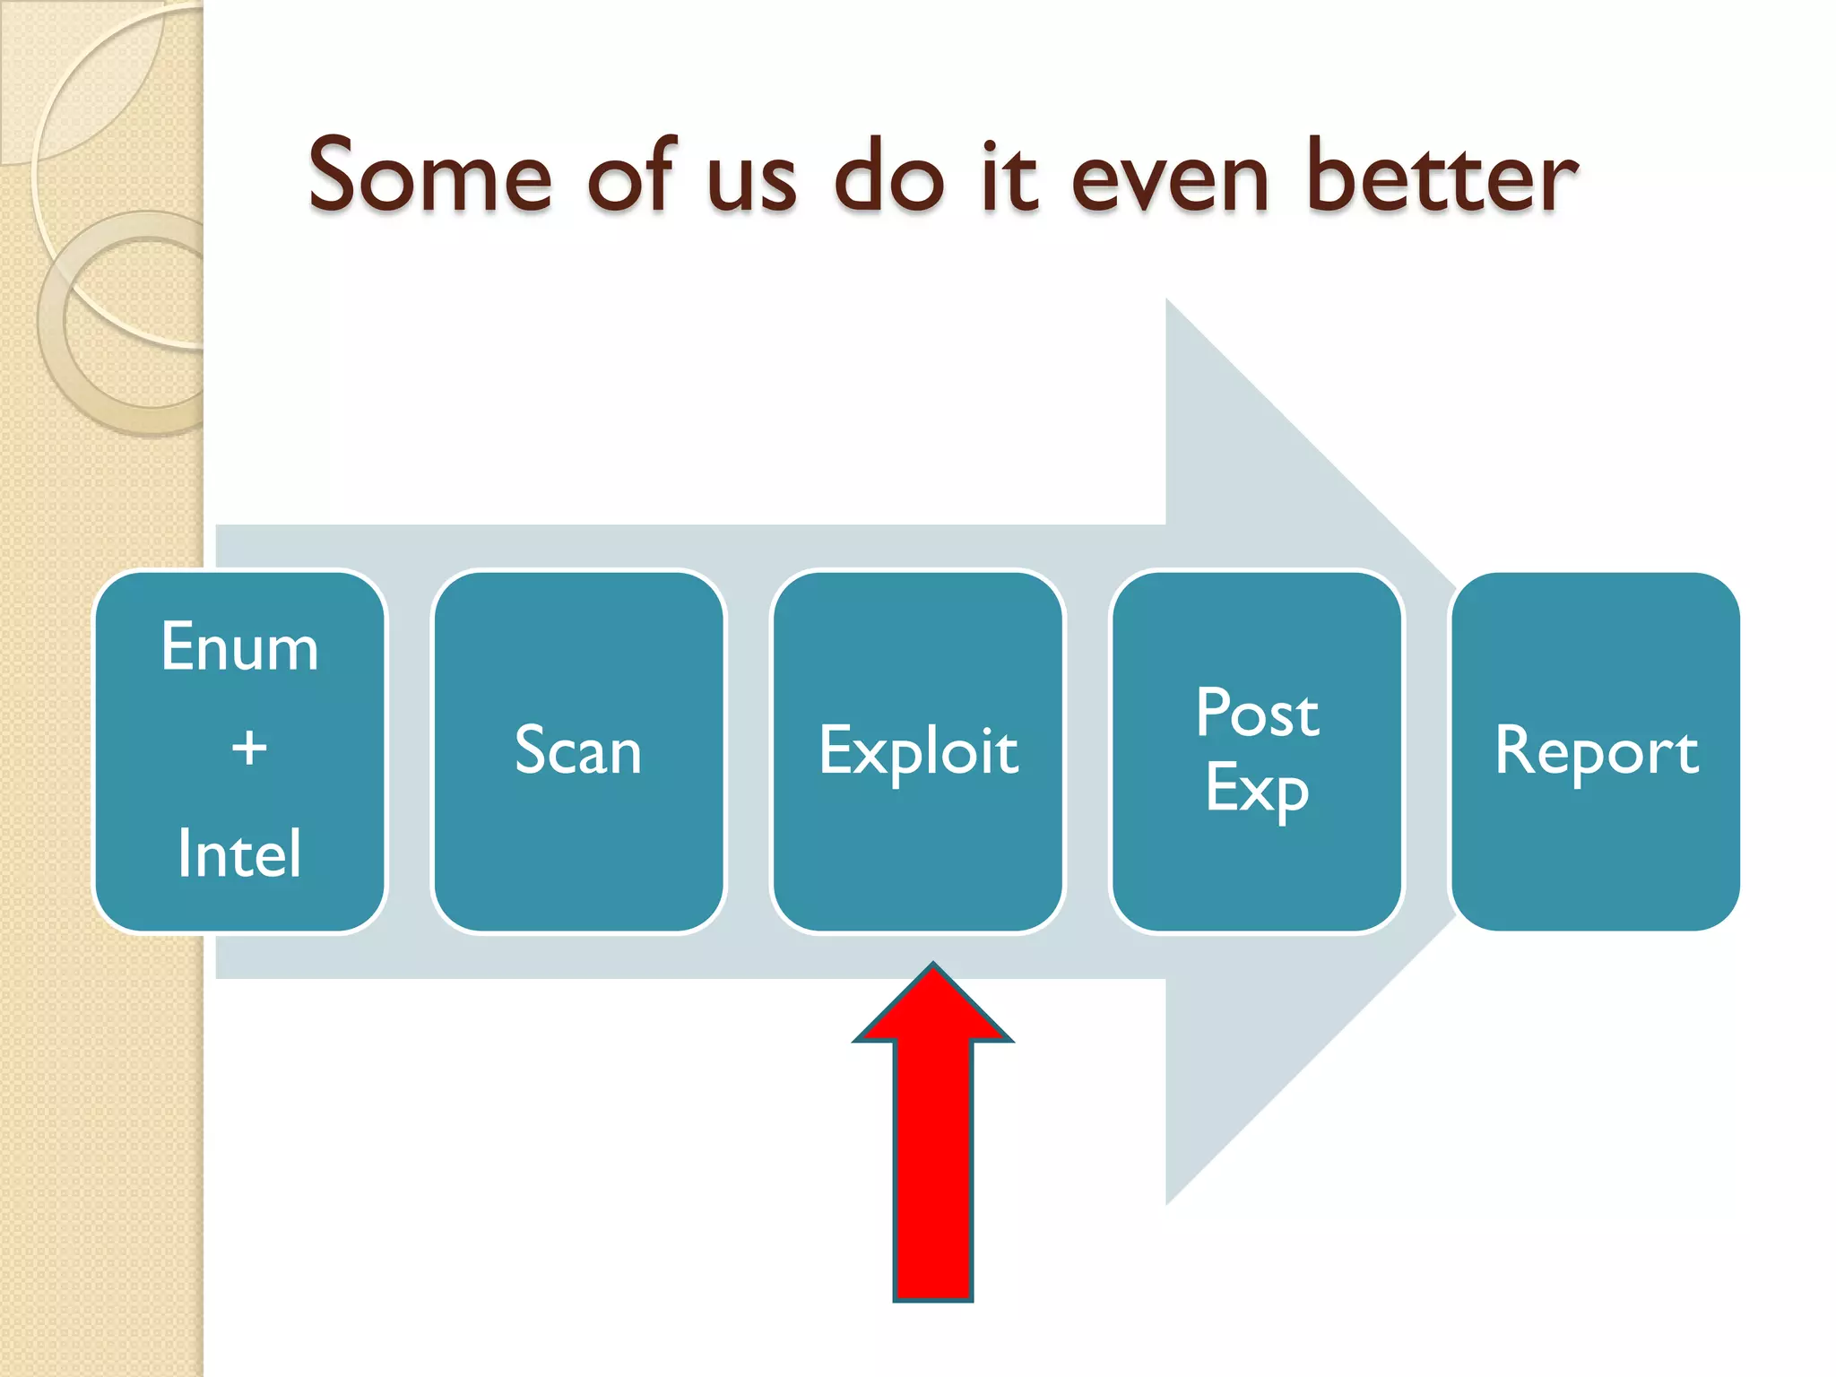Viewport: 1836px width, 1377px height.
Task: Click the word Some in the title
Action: (429, 177)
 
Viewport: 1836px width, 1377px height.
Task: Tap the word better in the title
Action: (1442, 177)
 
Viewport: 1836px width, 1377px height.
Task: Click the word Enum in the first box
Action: (239, 647)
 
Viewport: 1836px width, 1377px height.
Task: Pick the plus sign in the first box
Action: (249, 748)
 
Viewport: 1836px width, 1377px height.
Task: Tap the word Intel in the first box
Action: (239, 853)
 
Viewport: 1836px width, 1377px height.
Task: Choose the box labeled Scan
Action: (578, 751)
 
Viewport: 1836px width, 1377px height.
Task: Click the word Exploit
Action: (918, 751)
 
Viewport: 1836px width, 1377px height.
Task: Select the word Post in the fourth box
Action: (1257, 714)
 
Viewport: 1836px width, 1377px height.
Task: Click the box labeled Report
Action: (1596, 751)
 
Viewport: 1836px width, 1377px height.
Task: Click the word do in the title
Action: (888, 177)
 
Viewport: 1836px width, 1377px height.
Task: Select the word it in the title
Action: (1009, 177)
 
